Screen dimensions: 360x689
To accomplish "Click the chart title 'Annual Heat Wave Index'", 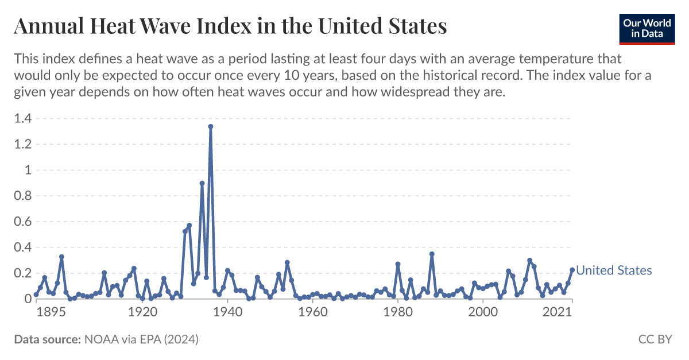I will click(x=230, y=26).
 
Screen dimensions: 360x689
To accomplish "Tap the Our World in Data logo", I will click(x=647, y=27).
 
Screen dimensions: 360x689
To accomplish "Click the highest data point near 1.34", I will click(x=211, y=126).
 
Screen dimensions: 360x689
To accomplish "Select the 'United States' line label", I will click(x=614, y=270).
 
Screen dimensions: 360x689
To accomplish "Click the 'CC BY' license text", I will click(x=655, y=340).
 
